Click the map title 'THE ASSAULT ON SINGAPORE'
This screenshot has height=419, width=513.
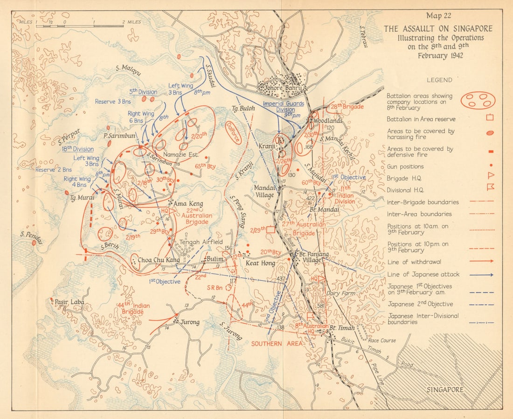pos(437,29)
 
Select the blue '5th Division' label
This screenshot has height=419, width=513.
pos(142,91)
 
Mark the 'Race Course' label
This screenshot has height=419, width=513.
pos(382,341)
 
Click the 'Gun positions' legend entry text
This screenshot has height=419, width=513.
pos(405,167)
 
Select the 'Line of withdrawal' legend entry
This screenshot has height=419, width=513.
pos(413,262)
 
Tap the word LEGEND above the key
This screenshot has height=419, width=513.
pos(440,80)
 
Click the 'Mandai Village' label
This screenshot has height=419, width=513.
pos(264,191)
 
